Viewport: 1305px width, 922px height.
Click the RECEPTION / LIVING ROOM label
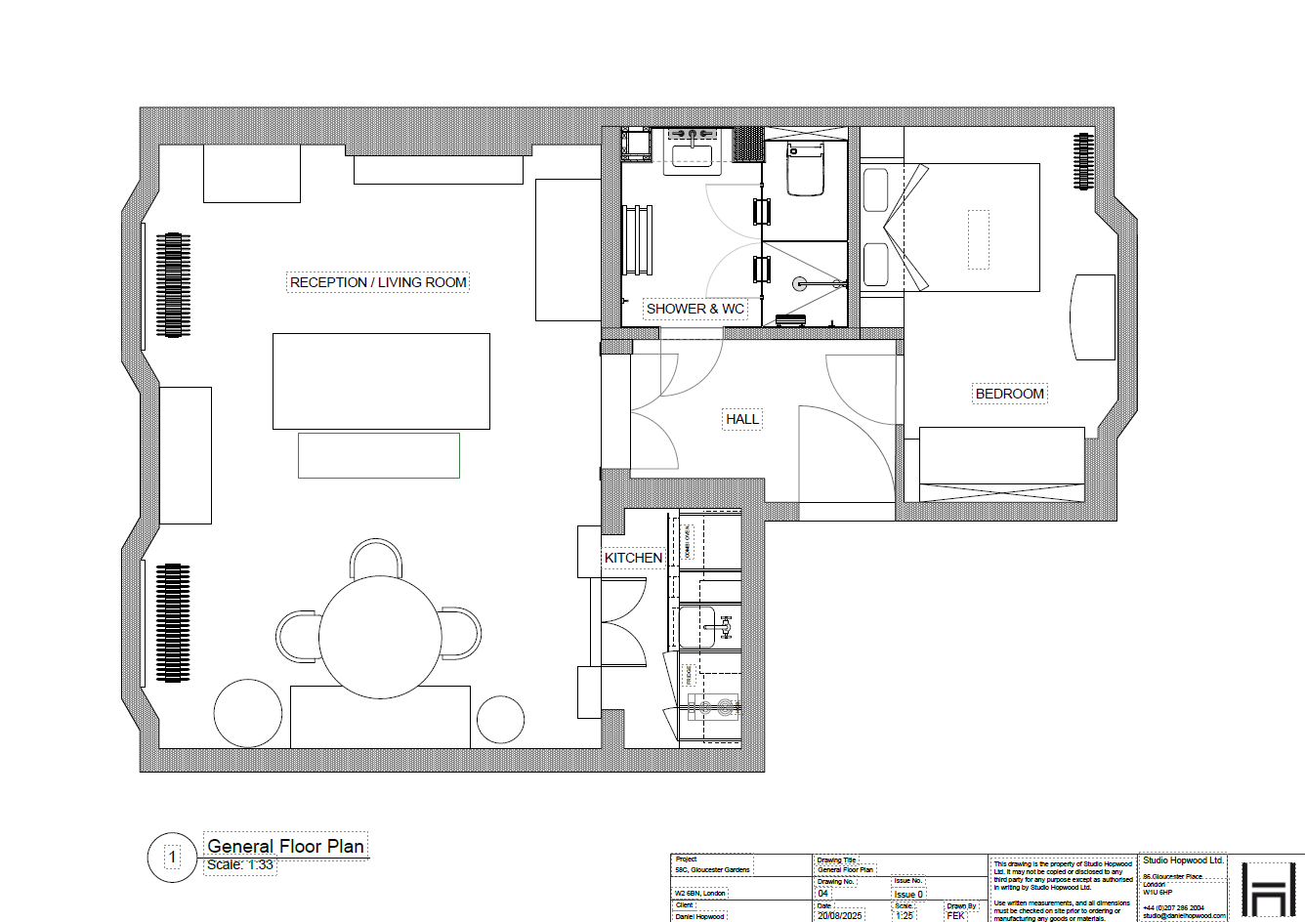click(379, 282)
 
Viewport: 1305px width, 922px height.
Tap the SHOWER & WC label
click(695, 309)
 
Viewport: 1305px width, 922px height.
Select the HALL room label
click(742, 419)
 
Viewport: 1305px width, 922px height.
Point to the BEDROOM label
click(1010, 394)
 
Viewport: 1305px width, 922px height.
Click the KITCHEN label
click(633, 558)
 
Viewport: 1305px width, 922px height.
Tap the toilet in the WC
click(806, 170)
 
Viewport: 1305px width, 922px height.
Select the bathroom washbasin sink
click(693, 154)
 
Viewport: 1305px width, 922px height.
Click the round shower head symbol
click(800, 284)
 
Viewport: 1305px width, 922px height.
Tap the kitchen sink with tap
click(710, 626)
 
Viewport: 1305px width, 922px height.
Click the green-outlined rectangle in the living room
click(379, 455)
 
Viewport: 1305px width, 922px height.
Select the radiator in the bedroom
click(1082, 162)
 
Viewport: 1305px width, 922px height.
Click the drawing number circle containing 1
click(173, 858)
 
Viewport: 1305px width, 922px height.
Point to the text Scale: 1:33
click(240, 865)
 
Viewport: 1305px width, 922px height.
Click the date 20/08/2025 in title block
click(841, 916)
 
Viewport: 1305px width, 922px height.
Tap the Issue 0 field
click(908, 894)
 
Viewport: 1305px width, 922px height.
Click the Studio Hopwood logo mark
click(1267, 889)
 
